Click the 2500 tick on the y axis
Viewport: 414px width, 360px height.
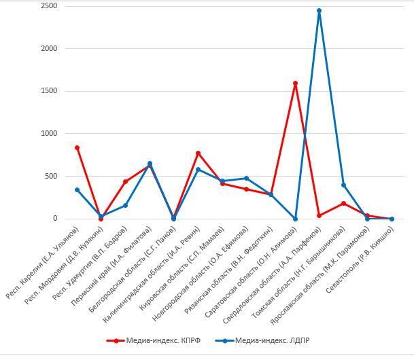(48, 6)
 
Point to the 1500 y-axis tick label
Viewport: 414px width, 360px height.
(48, 91)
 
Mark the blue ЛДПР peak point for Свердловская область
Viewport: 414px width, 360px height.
(319, 11)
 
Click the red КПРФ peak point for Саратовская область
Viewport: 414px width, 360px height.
(295, 84)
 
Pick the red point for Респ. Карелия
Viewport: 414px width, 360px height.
(77, 147)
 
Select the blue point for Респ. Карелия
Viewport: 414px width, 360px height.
(77, 190)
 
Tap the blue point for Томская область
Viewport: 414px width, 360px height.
(343, 185)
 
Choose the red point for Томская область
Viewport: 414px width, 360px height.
(343, 203)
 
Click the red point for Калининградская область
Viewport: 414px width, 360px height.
(198, 153)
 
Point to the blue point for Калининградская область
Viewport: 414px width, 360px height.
(198, 169)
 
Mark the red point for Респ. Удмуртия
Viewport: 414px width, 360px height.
(126, 181)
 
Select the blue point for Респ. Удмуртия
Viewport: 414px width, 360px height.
(126, 205)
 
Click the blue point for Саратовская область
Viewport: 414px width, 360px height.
(295, 219)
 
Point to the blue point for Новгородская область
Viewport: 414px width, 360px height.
(246, 179)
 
